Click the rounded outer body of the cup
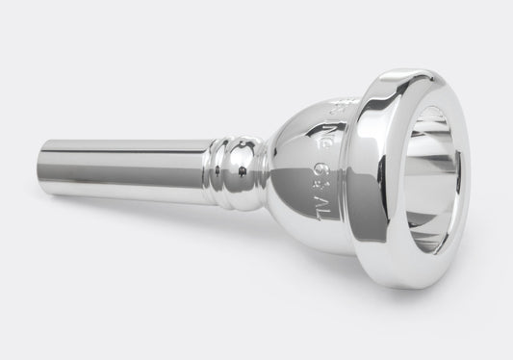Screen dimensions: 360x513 (298, 173)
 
